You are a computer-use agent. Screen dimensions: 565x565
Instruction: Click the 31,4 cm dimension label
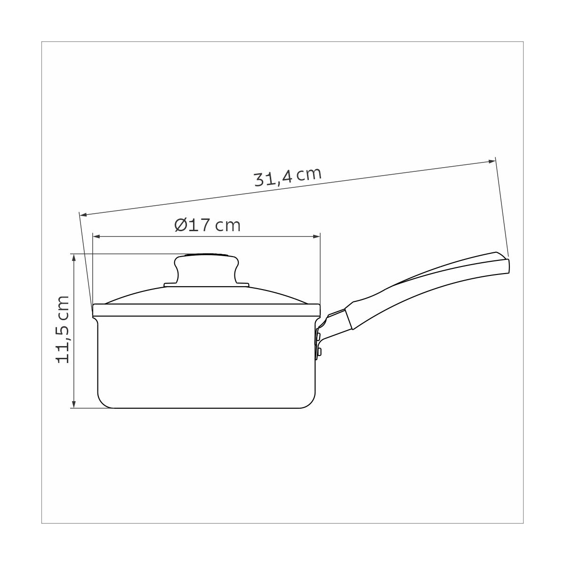coord(288,177)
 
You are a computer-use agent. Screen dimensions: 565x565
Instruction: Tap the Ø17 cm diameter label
coord(207,225)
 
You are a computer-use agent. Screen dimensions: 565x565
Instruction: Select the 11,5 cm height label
coord(63,330)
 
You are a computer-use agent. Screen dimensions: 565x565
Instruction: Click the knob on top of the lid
coord(206,269)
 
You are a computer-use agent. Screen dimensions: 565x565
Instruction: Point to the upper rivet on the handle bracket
coord(319,335)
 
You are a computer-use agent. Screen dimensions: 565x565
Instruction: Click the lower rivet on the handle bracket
coord(319,351)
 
